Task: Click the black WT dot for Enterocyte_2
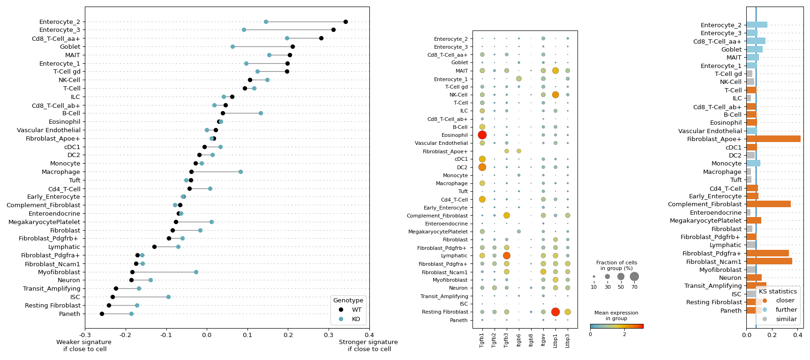[x=345, y=22]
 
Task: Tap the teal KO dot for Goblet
[x=232, y=46]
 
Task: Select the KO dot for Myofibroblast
[x=196, y=272]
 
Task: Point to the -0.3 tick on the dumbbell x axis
[x=85, y=335]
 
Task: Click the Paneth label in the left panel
[x=69, y=314]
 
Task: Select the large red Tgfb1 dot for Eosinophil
[x=482, y=135]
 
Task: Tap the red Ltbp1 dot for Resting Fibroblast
[x=555, y=312]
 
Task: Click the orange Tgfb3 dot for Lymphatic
[x=507, y=256]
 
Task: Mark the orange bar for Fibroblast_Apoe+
[x=773, y=139]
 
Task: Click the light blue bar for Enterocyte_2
[x=757, y=25]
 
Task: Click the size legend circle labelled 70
[x=634, y=277]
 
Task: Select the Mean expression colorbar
[x=616, y=326]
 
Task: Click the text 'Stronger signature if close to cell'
[x=368, y=345]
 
